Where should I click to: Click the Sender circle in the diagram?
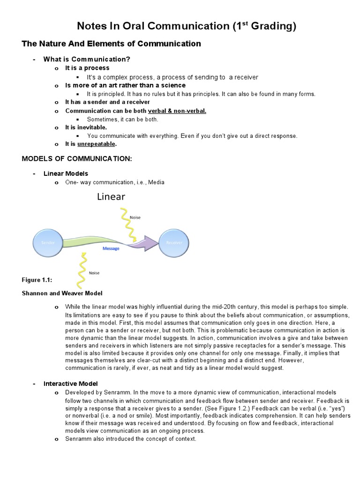[x=48, y=243]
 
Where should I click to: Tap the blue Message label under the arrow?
[x=111, y=249]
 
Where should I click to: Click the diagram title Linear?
[x=111, y=196]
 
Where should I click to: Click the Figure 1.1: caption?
[x=37, y=280]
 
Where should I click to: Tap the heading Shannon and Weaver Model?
[x=62, y=293]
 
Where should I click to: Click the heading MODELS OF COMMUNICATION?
[x=77, y=159]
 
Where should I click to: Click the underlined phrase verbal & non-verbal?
[x=177, y=111]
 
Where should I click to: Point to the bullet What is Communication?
[x=87, y=59]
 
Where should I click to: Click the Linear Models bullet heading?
[x=66, y=173]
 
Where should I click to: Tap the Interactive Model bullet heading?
[x=70, y=383]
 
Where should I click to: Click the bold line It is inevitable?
[x=86, y=127]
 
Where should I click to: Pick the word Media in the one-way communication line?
[x=156, y=182]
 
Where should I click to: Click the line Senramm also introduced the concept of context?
[x=131, y=439]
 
